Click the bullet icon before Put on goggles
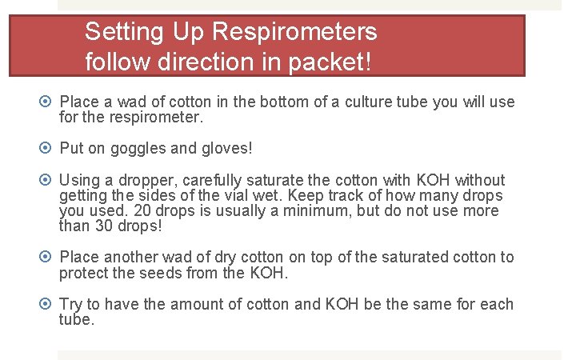tap(46, 149)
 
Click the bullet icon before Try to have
tap(46, 305)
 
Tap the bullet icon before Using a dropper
tap(46, 180)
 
